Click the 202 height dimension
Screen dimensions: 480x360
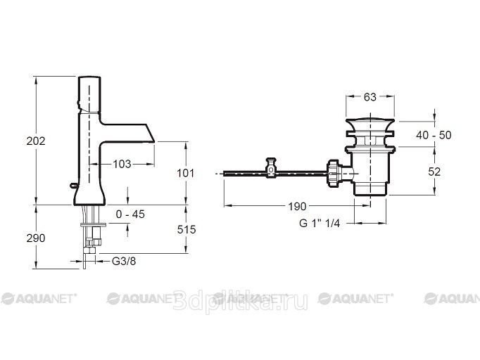(x=36, y=141)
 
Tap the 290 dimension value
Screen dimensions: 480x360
(x=36, y=238)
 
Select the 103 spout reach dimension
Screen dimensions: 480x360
(x=122, y=165)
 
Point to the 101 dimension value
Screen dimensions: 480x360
(x=186, y=174)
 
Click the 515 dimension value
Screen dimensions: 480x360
(x=187, y=229)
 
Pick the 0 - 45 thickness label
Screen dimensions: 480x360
(x=130, y=214)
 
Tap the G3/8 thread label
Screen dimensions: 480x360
(x=124, y=261)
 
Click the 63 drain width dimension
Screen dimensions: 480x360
(x=370, y=97)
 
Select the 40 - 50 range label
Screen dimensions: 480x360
(x=434, y=135)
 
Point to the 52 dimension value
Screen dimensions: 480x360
(x=434, y=172)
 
